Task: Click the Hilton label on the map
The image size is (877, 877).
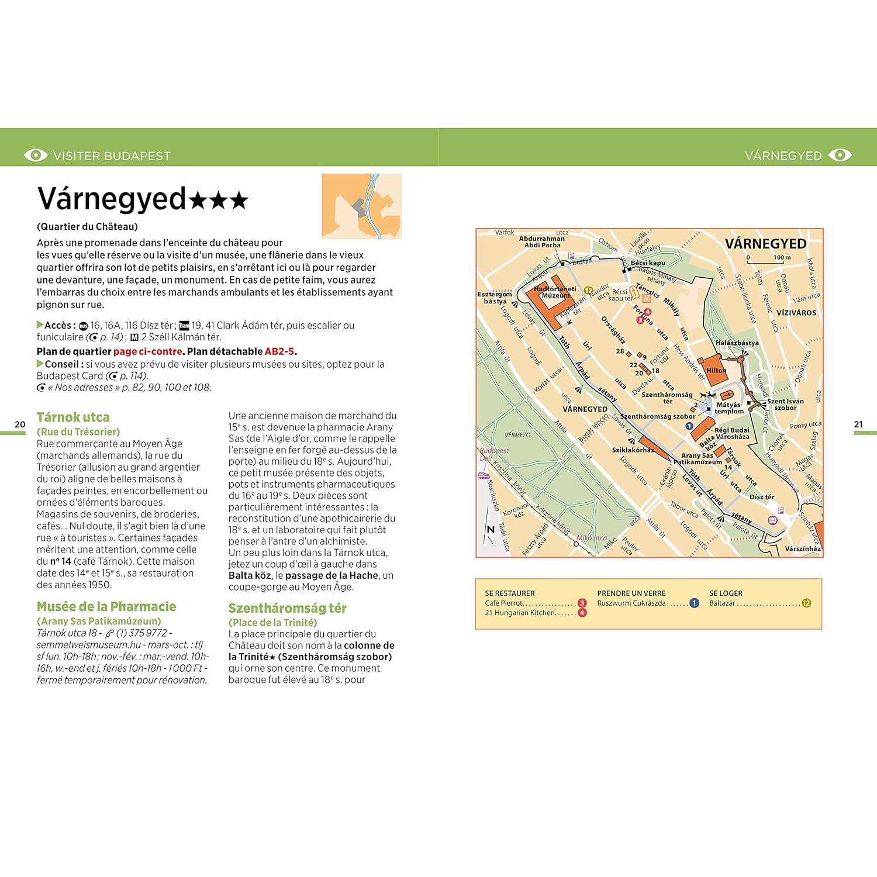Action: [716, 370]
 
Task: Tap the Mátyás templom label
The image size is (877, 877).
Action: [729, 408]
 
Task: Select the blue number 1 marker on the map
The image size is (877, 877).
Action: [689, 426]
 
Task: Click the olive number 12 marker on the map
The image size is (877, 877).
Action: [588, 290]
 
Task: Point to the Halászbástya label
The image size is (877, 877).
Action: [737, 343]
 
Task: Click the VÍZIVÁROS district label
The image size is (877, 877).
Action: [796, 313]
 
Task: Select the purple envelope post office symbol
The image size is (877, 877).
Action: [772, 520]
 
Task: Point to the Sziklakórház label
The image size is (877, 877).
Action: [633, 450]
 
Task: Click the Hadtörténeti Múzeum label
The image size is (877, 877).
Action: [554, 292]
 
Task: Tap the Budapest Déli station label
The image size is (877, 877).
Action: [493, 454]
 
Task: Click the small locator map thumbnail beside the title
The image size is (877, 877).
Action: [361, 206]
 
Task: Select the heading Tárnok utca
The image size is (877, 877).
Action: [73, 417]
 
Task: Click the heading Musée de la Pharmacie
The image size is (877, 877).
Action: [106, 606]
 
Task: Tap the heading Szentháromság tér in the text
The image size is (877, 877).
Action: [287, 608]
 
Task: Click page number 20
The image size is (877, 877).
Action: [20, 424]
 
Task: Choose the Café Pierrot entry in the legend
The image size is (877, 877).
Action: [504, 603]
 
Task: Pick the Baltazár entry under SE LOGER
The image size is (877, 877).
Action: [722, 603]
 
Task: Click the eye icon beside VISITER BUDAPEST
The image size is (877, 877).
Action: [35, 155]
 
